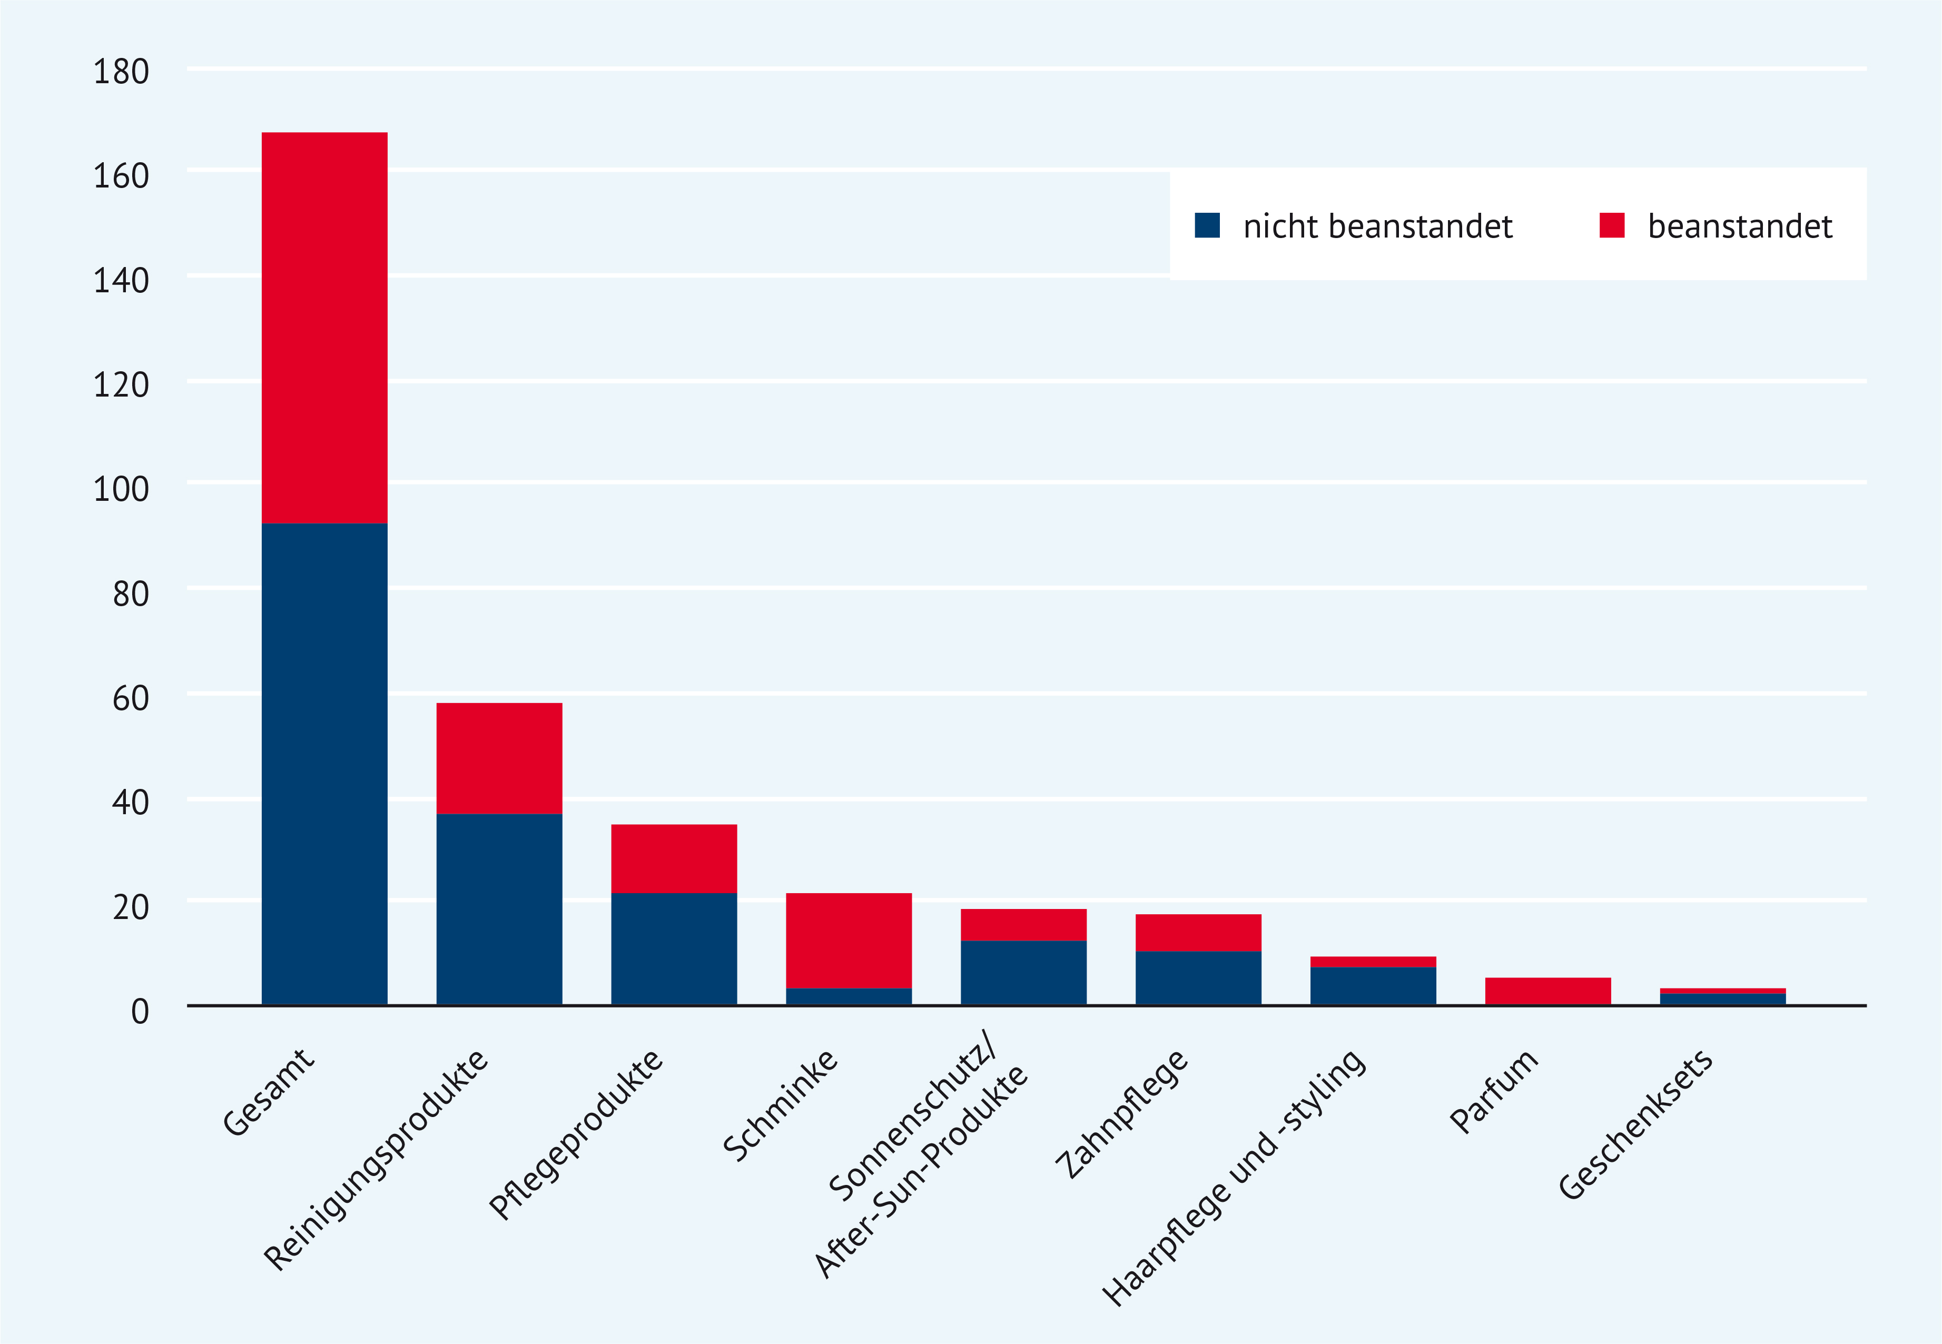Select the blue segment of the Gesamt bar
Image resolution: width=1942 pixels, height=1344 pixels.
pyautogui.click(x=324, y=764)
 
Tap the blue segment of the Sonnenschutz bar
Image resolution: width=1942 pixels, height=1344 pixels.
pyautogui.click(x=1023, y=973)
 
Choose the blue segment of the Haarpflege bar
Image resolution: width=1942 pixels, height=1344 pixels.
pyautogui.click(x=1373, y=985)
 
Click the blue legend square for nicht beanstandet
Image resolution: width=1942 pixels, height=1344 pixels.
pyautogui.click(x=1207, y=226)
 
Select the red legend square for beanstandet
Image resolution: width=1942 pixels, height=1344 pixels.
pyautogui.click(x=1612, y=226)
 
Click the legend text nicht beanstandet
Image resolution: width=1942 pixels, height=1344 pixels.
pyautogui.click(x=1378, y=226)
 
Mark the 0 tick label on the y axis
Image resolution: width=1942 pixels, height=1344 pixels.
pyautogui.click(x=140, y=1011)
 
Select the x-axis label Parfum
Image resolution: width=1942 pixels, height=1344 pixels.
pyautogui.click(x=1494, y=1091)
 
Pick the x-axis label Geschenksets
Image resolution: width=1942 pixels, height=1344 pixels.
pyautogui.click(x=1635, y=1123)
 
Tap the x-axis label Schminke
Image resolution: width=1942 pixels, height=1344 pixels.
pyautogui.click(x=780, y=1105)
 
